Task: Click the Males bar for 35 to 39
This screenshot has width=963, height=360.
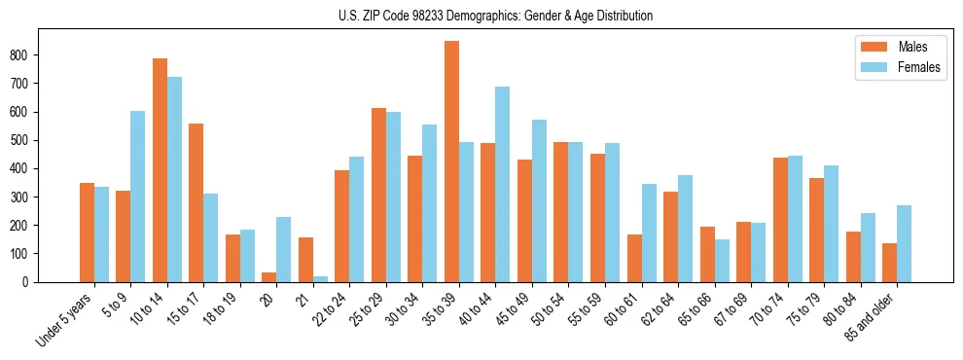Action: [451, 162]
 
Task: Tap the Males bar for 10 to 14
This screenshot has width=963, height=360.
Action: [160, 170]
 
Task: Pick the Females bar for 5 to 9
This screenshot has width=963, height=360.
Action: [138, 197]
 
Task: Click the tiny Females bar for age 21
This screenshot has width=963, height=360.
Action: [320, 279]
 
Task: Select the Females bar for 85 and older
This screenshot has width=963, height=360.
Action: [904, 243]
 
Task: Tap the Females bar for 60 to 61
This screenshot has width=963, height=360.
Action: [649, 233]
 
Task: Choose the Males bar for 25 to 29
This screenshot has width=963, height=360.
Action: [378, 195]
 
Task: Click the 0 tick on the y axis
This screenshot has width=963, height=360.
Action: [36, 282]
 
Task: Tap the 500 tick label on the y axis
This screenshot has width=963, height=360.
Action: [28, 140]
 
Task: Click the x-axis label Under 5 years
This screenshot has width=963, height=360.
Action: [66, 319]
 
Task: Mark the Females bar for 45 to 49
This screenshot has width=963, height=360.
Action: [539, 200]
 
